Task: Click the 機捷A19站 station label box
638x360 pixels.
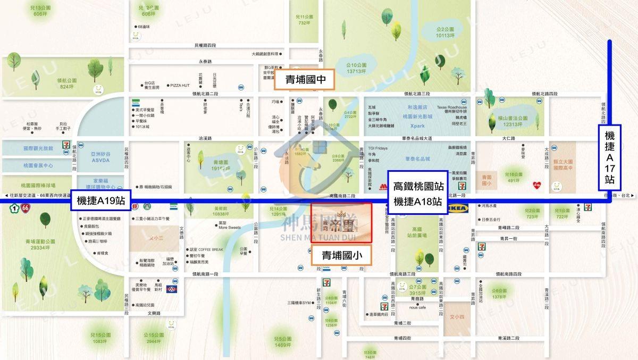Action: [x=101, y=200]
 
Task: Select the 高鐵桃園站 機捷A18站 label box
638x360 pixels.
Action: [x=417, y=193]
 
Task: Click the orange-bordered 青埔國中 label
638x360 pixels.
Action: [x=305, y=80]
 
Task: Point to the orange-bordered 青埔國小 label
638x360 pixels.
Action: [x=341, y=255]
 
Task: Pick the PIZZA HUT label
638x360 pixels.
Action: [x=179, y=85]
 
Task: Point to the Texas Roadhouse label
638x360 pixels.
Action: [x=452, y=107]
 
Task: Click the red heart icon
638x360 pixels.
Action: [x=538, y=185]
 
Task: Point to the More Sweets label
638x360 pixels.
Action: [x=230, y=227]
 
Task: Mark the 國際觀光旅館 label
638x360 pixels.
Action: [x=38, y=148]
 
